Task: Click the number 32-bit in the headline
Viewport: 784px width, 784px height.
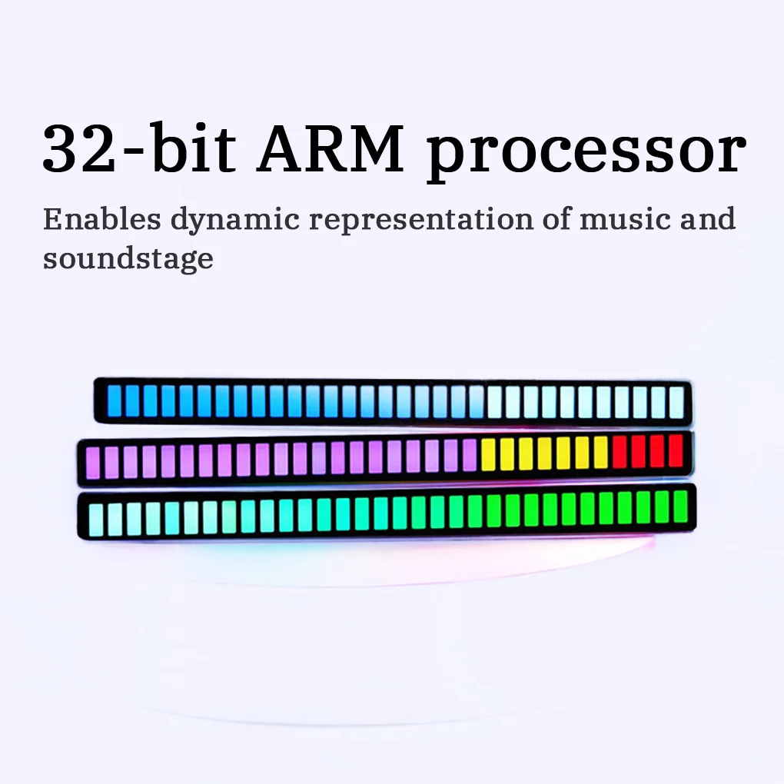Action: (139, 148)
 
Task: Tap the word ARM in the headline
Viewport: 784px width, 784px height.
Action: (331, 149)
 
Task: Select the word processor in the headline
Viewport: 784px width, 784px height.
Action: (586, 153)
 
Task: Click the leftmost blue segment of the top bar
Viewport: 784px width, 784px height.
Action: (115, 400)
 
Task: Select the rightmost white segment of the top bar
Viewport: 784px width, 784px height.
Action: (676, 402)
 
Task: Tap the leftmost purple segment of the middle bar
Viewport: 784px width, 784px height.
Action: (93, 463)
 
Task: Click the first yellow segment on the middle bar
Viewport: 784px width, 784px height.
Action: (488, 455)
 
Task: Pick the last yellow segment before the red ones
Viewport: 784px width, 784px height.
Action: (601, 452)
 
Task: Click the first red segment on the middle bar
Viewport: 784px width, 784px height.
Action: (620, 451)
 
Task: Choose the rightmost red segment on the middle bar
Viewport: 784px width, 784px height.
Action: (676, 450)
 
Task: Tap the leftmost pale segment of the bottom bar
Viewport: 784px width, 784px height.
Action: (96, 520)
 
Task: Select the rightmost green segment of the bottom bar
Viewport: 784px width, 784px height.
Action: (680, 507)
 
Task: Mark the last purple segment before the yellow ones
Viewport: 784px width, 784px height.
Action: (470, 455)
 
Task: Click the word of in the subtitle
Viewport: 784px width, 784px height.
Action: (556, 219)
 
